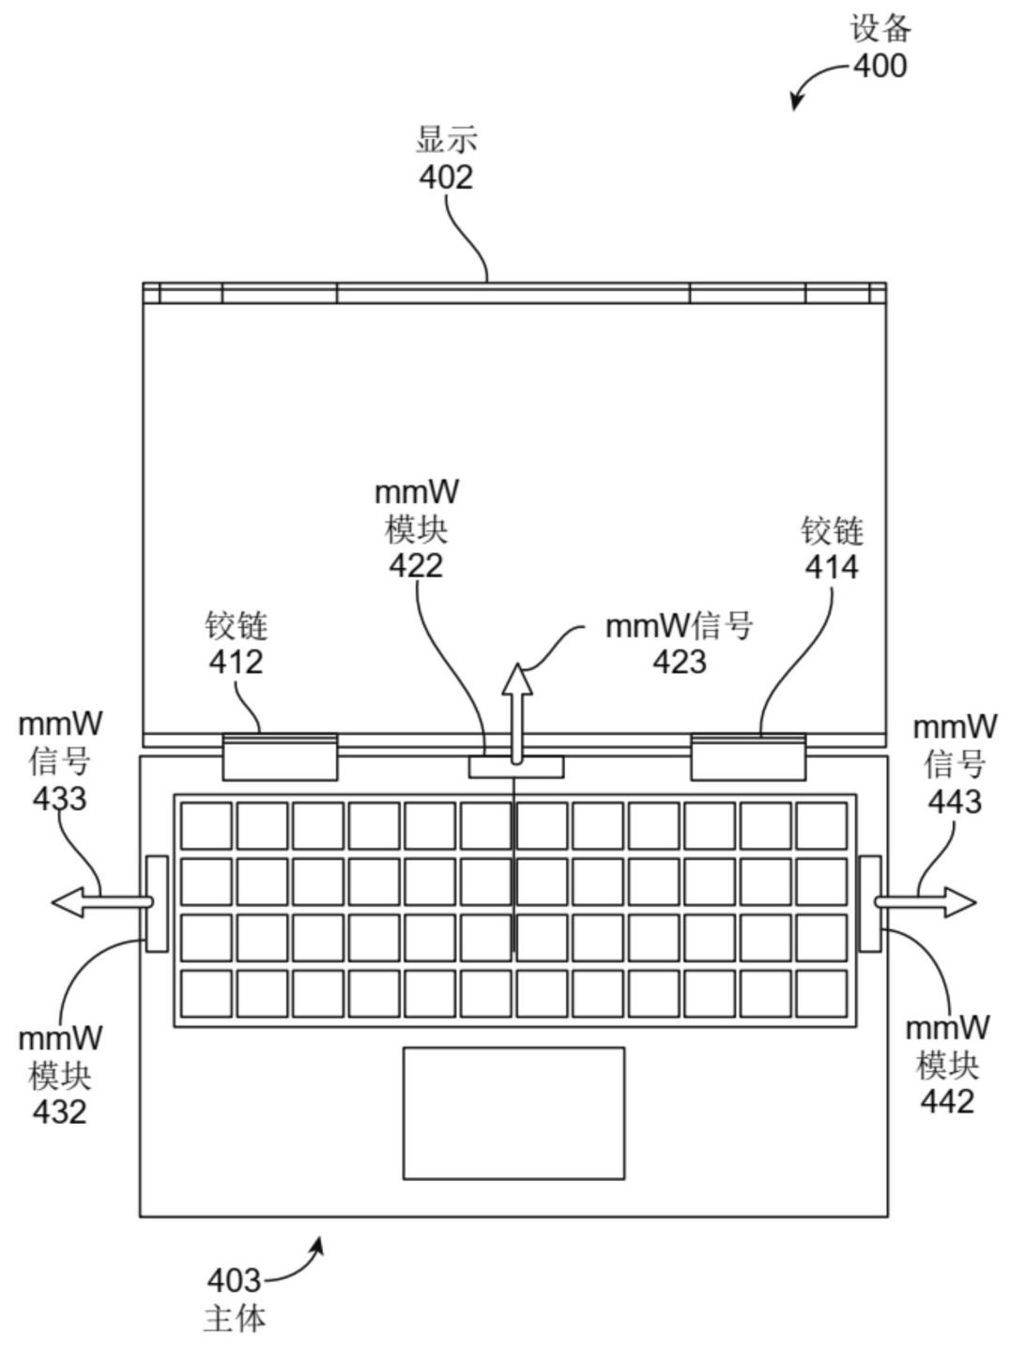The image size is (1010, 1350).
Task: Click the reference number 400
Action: (x=880, y=66)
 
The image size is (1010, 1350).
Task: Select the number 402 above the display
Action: (x=446, y=177)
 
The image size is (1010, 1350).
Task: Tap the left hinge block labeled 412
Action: (x=280, y=757)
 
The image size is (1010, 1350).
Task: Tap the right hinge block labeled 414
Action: (x=748, y=757)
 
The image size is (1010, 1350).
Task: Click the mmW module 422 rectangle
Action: (x=516, y=766)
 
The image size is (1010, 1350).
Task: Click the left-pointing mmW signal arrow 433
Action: (x=101, y=902)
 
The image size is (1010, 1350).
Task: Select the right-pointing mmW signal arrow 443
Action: (x=926, y=902)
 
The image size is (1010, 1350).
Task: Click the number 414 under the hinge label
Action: (x=832, y=568)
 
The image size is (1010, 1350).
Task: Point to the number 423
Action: (x=680, y=662)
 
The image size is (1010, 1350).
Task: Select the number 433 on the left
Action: (x=60, y=799)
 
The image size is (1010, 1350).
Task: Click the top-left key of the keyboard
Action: (x=207, y=826)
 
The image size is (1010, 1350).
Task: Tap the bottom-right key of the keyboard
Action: (x=822, y=993)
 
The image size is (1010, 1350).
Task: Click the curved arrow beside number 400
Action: (x=818, y=80)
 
